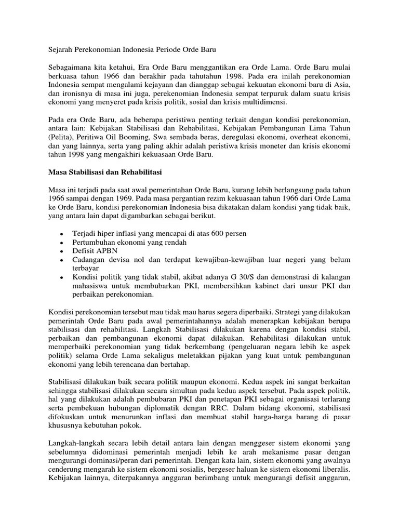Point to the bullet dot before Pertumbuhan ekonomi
pos(62,243)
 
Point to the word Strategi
pos(275,314)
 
